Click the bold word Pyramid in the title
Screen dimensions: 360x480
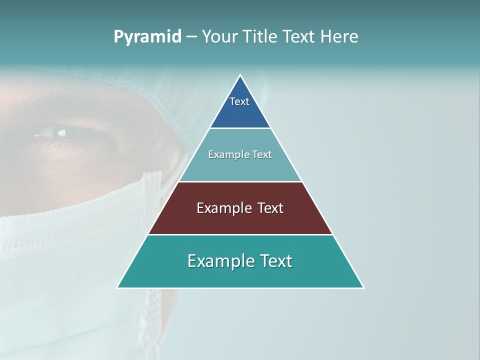(x=147, y=37)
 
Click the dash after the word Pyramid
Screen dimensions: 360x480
(x=191, y=37)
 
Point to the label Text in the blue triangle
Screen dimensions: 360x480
(x=239, y=101)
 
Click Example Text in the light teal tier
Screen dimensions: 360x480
(x=240, y=154)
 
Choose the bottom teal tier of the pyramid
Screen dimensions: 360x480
(x=150, y=275)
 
